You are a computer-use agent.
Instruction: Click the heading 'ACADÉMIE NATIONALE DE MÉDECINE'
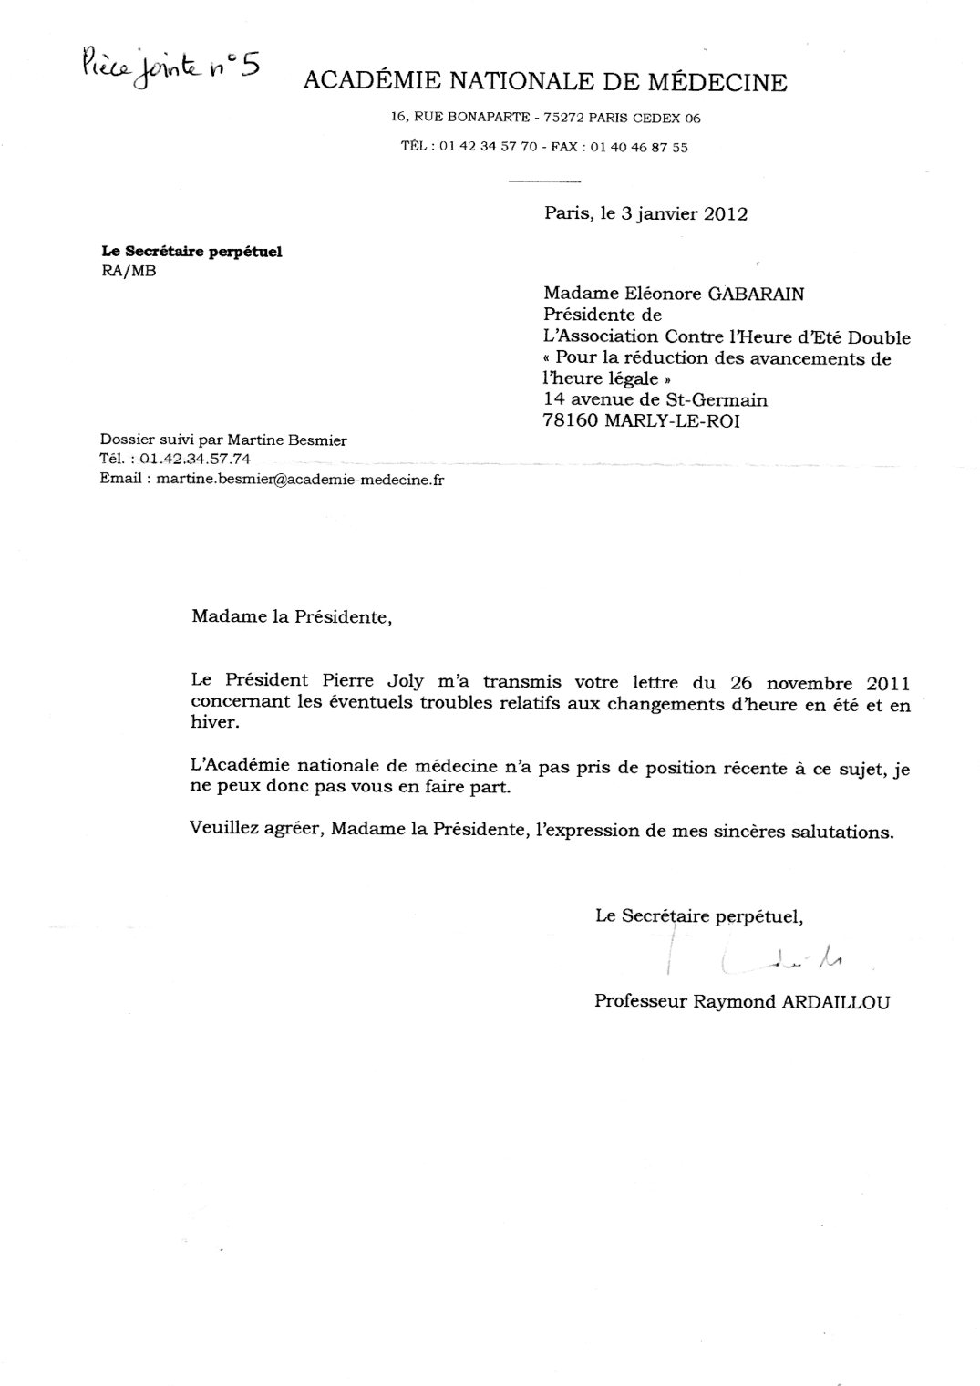[x=544, y=83]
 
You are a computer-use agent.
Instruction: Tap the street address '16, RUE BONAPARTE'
[x=460, y=118]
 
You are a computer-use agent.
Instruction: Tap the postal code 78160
[x=571, y=421]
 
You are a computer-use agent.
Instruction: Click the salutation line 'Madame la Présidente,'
[x=291, y=617]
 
